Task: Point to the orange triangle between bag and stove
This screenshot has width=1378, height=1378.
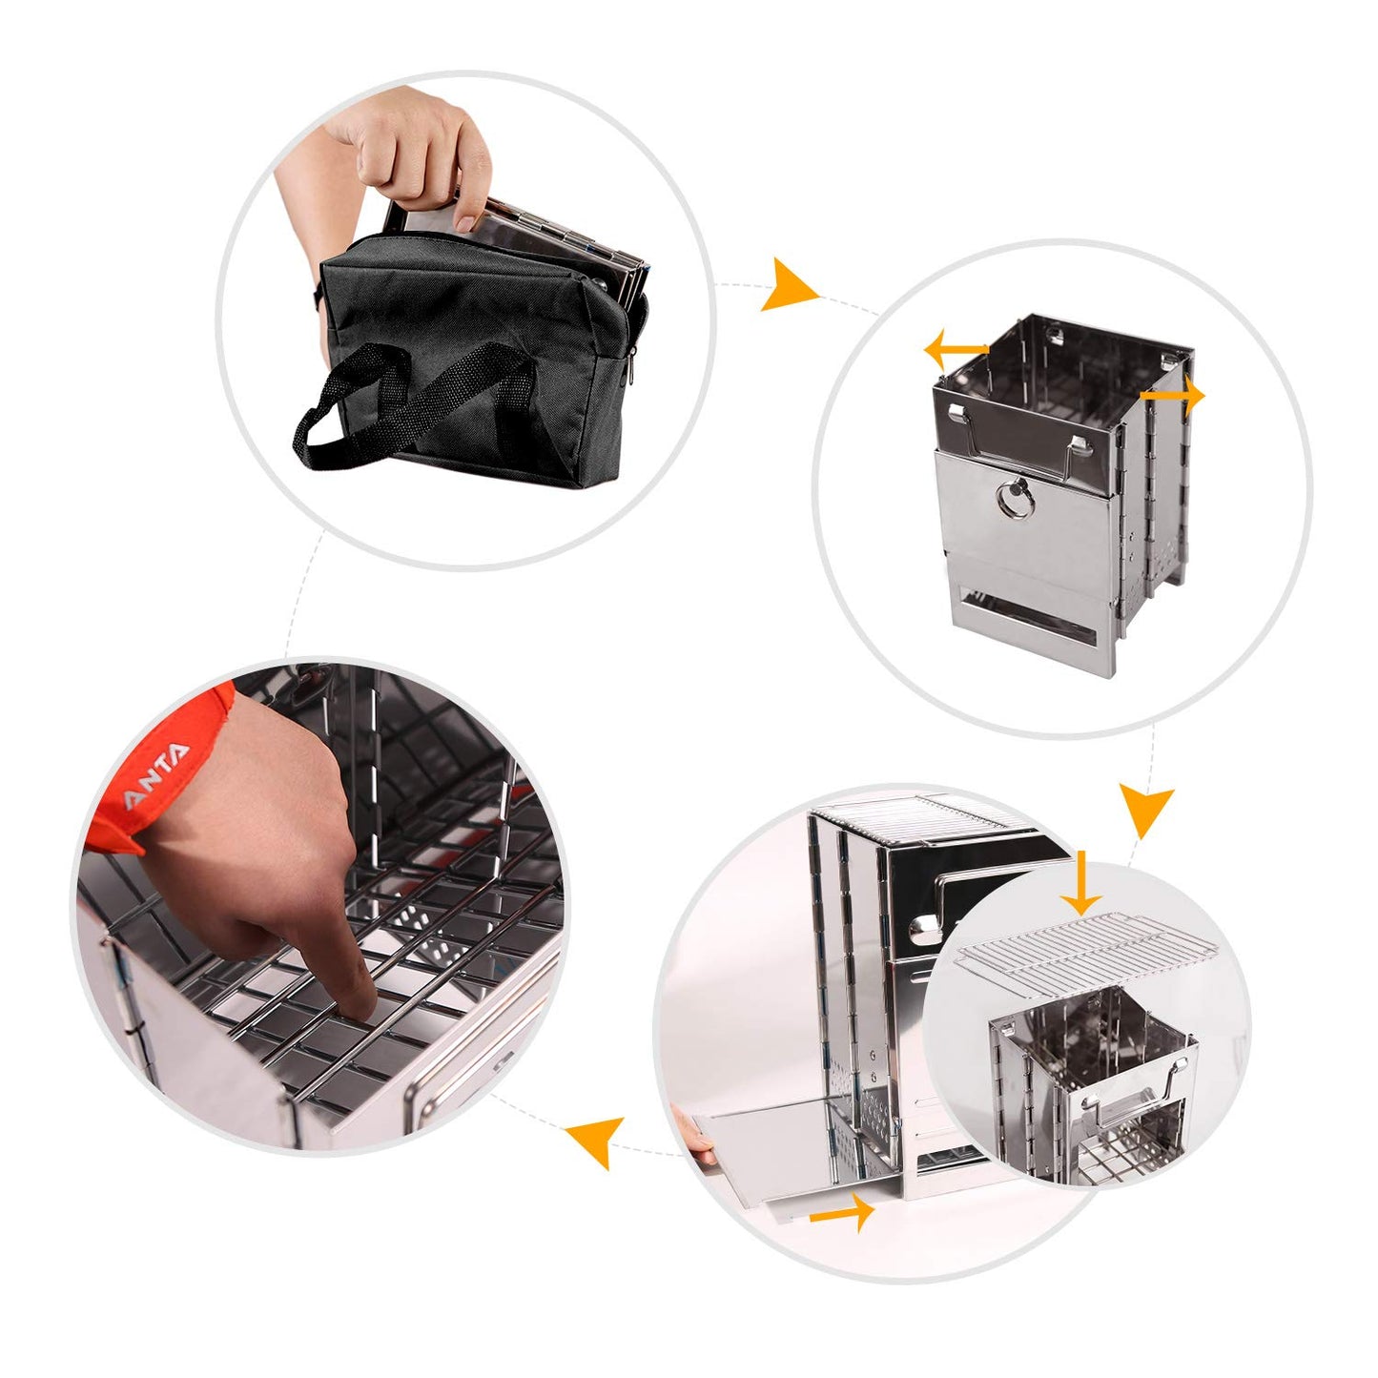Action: (788, 285)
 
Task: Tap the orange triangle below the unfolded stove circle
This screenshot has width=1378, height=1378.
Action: (1145, 811)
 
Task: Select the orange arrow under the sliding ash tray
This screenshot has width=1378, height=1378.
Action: (843, 1213)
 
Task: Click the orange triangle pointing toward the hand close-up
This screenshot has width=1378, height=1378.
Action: (591, 1141)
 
